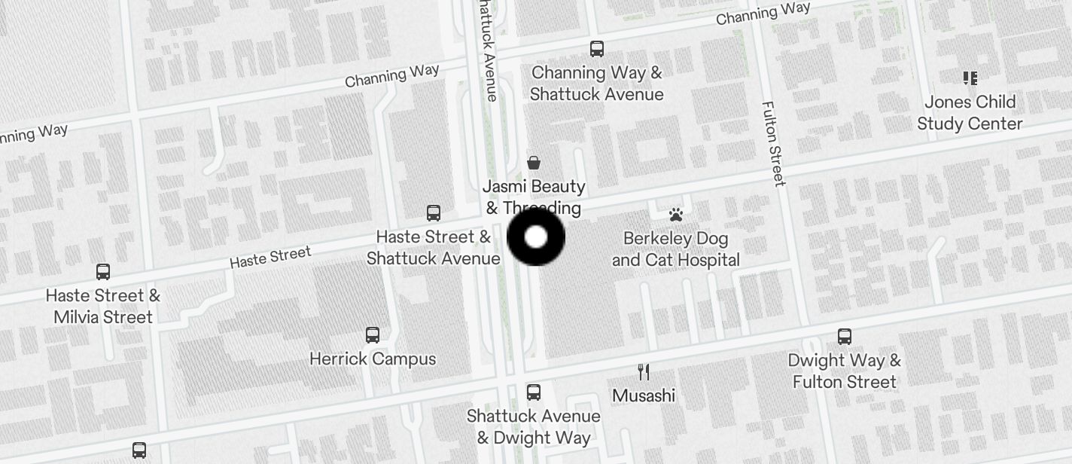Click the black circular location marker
tap(536, 237)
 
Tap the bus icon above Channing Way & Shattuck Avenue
tap(597, 49)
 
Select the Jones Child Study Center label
tap(970, 112)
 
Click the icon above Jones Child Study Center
tap(970, 78)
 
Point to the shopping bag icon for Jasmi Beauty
tap(534, 162)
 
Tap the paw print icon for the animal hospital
tap(675, 215)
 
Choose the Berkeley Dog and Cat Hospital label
tap(675, 249)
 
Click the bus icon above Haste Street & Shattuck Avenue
tap(434, 212)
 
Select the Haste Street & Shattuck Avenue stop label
tap(434, 247)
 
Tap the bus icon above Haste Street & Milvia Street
tap(103, 271)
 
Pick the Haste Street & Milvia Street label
tap(103, 306)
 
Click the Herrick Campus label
tap(373, 359)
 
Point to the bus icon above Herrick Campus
tap(373, 334)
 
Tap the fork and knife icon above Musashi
tap(644, 371)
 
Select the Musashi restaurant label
tap(644, 395)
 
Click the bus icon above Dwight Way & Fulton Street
tap(845, 336)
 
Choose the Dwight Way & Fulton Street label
tap(845, 371)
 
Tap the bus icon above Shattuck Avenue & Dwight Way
tap(534, 392)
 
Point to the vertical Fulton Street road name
tap(773, 143)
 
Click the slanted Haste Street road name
tap(270, 257)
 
